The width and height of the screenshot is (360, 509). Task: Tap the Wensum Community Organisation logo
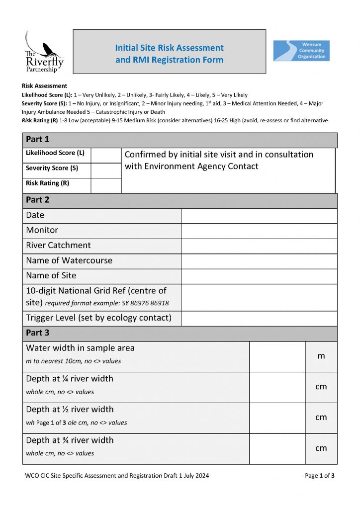301,51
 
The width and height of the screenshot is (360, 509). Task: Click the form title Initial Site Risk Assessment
169,48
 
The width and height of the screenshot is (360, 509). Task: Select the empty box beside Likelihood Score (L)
106,155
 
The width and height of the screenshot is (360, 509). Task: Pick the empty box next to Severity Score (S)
106,170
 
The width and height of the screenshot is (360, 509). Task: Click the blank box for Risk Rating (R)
106,185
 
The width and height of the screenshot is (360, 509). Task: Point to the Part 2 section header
38,200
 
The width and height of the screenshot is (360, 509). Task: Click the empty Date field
259,216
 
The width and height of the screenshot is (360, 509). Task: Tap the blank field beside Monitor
259,231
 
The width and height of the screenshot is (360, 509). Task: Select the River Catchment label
58,245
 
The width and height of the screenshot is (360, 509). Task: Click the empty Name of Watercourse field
259,261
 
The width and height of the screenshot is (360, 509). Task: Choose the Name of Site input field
259,276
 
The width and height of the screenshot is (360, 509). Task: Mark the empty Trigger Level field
259,318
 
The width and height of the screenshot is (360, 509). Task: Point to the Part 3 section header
38,333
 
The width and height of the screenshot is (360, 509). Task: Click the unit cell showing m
321,356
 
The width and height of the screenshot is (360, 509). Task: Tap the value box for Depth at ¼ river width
277,387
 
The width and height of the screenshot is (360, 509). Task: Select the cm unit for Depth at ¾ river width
321,448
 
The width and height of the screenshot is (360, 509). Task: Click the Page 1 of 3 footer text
319,476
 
